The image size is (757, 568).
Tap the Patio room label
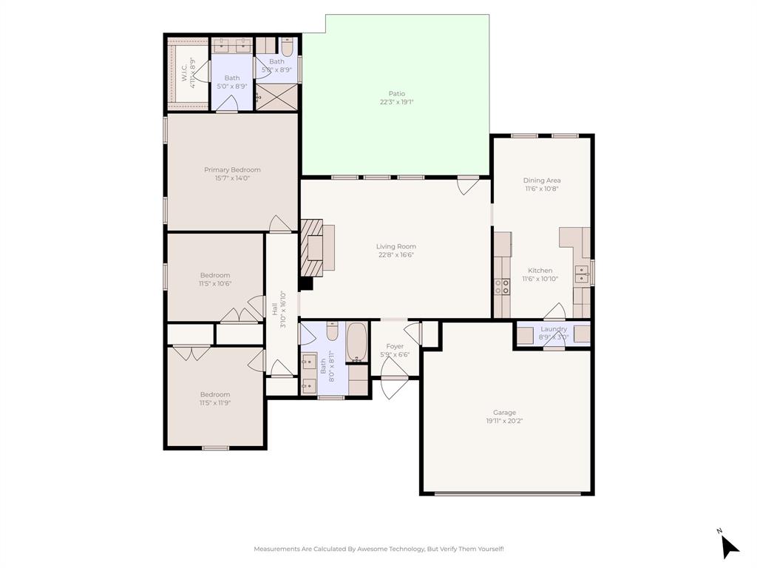point(397,94)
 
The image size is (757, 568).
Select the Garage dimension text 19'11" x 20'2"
point(505,421)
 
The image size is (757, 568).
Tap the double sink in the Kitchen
point(583,274)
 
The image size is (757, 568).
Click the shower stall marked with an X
point(276,97)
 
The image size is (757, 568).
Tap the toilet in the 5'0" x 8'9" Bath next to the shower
point(288,47)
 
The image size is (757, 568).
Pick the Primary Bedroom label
point(232,170)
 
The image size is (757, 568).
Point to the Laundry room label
point(554,329)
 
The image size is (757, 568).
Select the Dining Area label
point(541,180)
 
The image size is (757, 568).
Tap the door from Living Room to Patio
point(467,184)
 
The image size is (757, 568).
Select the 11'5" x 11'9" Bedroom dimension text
point(214,403)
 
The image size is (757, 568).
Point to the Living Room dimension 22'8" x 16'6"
point(396,255)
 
